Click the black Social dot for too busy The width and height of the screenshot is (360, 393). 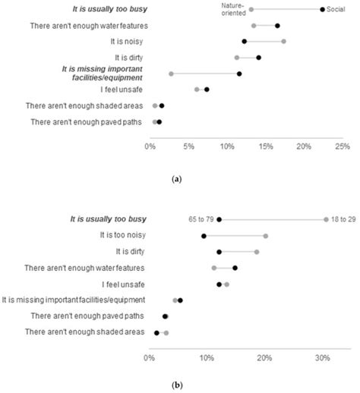(322, 10)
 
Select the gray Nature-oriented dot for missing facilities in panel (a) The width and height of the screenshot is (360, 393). (171, 74)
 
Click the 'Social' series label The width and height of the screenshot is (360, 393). (339, 10)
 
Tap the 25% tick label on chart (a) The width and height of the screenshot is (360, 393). (342, 145)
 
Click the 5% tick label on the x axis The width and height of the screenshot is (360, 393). (188, 145)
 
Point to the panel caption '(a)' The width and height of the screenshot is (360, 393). (177, 178)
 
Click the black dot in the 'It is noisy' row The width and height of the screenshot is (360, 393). (244, 42)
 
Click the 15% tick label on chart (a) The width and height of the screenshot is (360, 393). (265, 145)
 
